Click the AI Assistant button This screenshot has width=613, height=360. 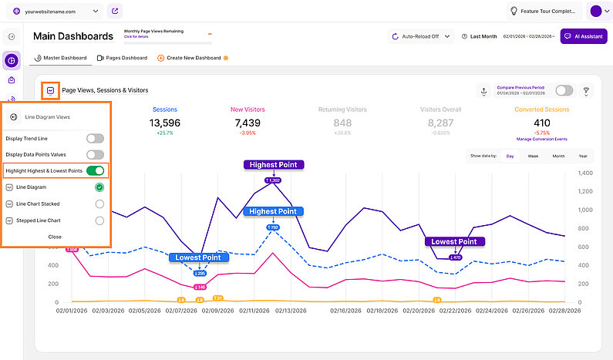click(x=583, y=36)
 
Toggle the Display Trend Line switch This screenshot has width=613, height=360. click(x=95, y=139)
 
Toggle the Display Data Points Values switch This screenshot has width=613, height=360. click(x=95, y=155)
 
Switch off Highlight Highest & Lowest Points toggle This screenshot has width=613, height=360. click(x=95, y=171)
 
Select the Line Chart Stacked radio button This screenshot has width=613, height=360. click(x=99, y=204)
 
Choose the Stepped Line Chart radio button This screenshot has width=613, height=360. click(x=99, y=220)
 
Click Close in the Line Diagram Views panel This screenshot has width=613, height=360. click(x=55, y=237)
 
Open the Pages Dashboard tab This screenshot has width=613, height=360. click(x=122, y=58)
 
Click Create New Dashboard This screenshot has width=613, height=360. click(x=189, y=58)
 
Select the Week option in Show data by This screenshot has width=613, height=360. click(x=533, y=156)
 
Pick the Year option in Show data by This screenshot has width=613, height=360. click(x=583, y=156)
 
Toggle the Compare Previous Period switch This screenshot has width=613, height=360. click(x=564, y=91)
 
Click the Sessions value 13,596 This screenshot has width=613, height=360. click(x=165, y=123)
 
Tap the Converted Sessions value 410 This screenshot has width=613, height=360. click(x=541, y=123)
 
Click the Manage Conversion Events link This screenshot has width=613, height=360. click(x=541, y=139)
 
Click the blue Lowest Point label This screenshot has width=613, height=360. click(x=198, y=257)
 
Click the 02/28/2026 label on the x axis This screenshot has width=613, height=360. click(x=568, y=311)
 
